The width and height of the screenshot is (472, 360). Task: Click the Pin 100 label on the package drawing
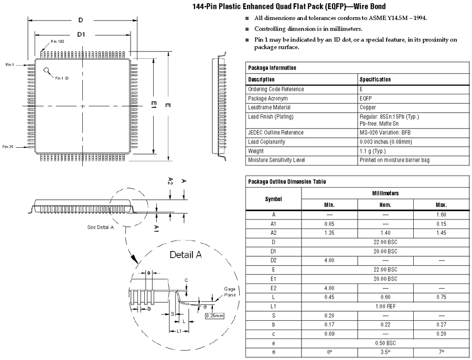57,41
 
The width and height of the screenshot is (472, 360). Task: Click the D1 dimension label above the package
81,34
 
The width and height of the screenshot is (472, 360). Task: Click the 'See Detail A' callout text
101,227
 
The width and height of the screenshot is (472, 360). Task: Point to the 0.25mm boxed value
214,315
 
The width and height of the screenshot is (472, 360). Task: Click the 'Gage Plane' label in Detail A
230,291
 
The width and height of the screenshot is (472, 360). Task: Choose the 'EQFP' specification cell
366,98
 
